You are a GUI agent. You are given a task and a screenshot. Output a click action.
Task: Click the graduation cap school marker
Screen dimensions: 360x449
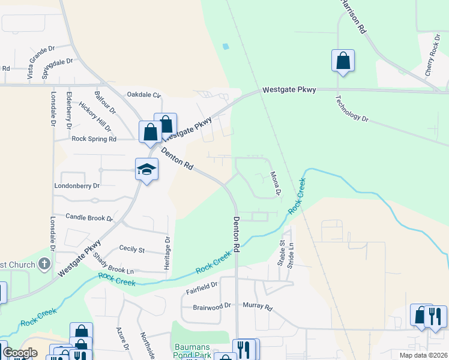146,169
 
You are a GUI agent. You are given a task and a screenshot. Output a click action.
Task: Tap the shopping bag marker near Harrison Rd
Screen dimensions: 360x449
343,61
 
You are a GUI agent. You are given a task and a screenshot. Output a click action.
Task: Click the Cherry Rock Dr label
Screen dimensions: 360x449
432,55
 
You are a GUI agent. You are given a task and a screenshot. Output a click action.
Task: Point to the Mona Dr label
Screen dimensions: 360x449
276,184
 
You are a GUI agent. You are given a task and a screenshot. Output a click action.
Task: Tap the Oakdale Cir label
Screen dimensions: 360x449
143,95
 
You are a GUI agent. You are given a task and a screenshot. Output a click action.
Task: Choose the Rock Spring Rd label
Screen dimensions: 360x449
94,139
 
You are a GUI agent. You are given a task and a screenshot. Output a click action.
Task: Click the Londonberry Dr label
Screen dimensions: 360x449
77,186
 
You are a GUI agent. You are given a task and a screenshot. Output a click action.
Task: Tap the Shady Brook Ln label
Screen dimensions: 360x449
113,263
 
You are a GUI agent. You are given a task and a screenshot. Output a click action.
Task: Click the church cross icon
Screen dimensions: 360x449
44,264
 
